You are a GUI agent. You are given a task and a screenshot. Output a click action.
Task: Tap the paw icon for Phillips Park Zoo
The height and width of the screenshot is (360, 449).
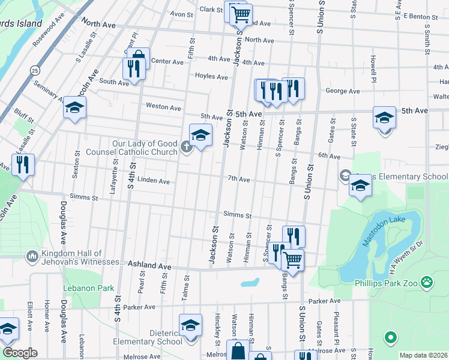tap(426, 281)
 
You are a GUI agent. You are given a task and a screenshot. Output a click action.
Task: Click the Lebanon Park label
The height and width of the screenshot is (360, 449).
tap(88, 288)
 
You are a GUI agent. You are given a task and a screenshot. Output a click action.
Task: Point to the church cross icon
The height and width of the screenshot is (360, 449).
tap(187, 147)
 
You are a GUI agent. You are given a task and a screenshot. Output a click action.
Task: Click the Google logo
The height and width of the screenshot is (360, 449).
tap(19, 353)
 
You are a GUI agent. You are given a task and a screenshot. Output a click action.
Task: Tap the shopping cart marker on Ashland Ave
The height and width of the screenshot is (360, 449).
tap(292, 260)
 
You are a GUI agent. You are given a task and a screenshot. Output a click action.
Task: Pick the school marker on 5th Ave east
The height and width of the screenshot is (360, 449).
tap(384, 117)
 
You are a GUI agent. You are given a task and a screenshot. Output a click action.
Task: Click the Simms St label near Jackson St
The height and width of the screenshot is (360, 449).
tap(237, 215)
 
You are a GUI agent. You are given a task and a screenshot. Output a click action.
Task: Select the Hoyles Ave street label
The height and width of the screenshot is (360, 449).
tap(211, 77)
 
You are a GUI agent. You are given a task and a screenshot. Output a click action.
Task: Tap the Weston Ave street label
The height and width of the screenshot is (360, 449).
tap(163, 107)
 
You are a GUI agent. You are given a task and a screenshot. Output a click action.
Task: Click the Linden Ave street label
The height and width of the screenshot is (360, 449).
tap(154, 181)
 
